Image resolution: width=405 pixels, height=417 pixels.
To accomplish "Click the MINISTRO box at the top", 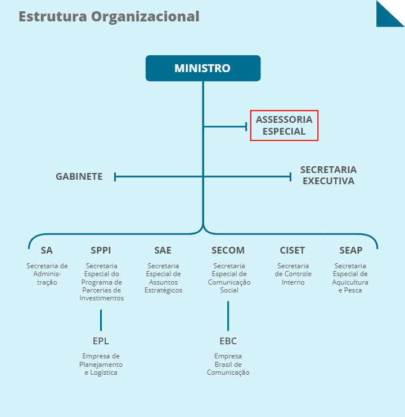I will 202,68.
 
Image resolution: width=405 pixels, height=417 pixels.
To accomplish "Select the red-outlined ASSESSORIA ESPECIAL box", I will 284,125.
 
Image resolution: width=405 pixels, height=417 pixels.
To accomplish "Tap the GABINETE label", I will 79,176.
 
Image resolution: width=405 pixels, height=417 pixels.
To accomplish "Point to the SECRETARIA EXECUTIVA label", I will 328,175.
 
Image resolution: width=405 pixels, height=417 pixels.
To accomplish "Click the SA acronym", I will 47,250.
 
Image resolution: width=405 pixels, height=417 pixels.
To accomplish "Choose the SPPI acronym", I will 101,250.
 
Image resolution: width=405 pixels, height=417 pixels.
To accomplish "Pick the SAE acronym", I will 163,250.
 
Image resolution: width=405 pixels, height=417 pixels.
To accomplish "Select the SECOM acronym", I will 228,250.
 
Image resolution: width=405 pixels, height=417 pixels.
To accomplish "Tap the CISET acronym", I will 292,250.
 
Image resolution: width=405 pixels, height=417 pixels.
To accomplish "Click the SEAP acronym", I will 351,250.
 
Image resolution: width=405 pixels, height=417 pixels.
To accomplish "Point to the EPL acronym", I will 101,341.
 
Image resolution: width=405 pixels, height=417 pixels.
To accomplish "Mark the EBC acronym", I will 228,341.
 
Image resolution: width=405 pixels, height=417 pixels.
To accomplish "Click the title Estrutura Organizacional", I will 109,16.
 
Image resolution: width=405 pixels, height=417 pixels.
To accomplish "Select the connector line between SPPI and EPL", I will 101,320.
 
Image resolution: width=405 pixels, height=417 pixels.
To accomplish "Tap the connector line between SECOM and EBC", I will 228,316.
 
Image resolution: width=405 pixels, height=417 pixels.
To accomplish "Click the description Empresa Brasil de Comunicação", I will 228,364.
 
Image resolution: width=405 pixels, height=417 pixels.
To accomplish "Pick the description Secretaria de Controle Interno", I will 292,274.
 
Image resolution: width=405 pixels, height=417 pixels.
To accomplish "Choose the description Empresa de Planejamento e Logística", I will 101,364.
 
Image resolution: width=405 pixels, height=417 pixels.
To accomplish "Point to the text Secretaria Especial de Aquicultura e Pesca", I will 351,278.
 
